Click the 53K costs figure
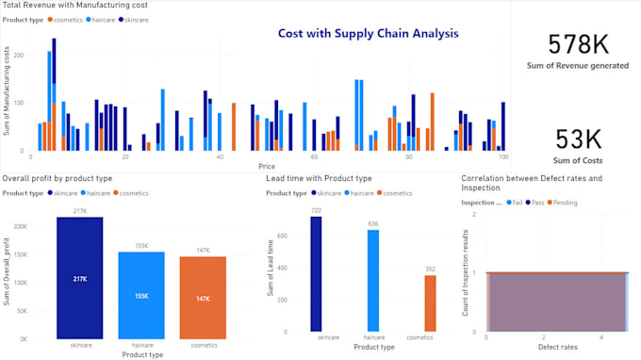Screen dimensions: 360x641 pyautogui.click(x=577, y=139)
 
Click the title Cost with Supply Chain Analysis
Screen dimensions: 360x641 pyautogui.click(x=368, y=33)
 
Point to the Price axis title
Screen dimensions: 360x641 pyautogui.click(x=267, y=166)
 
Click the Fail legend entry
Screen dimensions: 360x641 pyautogui.click(x=518, y=202)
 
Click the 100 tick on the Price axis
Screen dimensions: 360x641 pyautogui.click(x=503, y=156)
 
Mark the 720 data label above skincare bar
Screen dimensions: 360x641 pyautogui.click(x=316, y=210)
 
